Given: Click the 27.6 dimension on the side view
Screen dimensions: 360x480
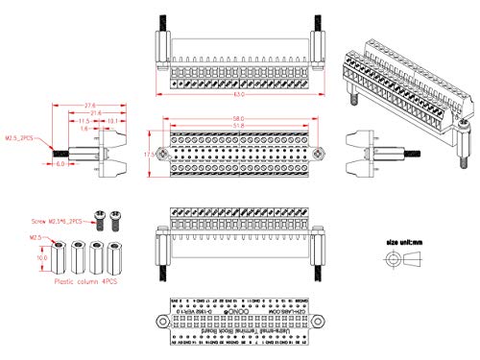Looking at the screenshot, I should click(89, 106).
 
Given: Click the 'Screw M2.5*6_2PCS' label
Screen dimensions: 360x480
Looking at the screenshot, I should click(60, 221).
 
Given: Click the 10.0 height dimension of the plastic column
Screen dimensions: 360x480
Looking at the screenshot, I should click(41, 258).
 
